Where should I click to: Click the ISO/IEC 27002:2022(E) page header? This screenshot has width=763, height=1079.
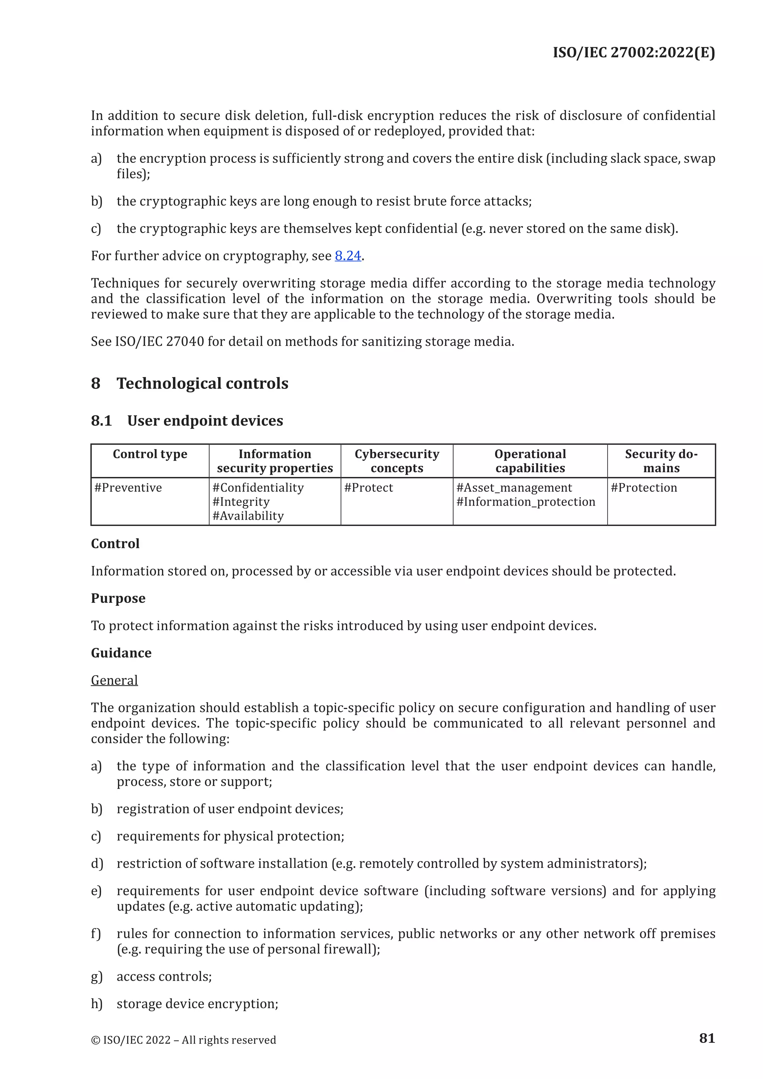[x=633, y=52]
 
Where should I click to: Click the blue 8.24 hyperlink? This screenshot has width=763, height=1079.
[x=348, y=256]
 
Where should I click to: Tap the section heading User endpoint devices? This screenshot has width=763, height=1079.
[x=205, y=421]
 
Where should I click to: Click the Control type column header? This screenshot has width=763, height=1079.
[x=150, y=454]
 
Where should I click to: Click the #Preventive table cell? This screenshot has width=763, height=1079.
[x=128, y=488]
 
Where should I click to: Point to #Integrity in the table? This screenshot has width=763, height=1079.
[x=241, y=502]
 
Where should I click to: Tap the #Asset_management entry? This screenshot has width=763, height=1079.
[x=514, y=488]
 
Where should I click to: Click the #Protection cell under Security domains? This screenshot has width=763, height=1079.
[x=644, y=488]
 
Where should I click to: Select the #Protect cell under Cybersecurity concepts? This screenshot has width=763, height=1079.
[x=368, y=488]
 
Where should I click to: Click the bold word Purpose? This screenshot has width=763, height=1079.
[x=118, y=598]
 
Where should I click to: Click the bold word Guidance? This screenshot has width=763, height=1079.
[x=121, y=653]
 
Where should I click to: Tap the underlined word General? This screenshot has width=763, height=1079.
[x=114, y=680]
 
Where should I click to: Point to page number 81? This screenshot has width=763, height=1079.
[x=707, y=1038]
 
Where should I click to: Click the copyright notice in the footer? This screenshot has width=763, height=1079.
[x=183, y=1040]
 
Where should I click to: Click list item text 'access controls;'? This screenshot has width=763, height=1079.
[x=164, y=977]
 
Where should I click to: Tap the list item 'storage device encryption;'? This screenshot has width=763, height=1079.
[x=197, y=1004]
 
